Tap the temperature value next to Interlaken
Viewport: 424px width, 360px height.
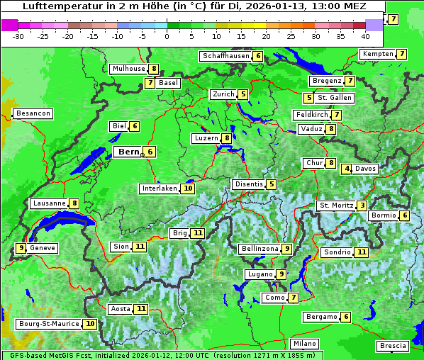(x=188, y=189)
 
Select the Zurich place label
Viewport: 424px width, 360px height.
(x=223, y=94)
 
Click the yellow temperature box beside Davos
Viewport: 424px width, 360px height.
(x=347, y=169)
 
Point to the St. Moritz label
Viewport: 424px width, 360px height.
(x=336, y=206)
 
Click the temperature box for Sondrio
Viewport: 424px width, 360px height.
(x=362, y=252)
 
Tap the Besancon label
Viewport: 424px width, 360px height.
(x=33, y=113)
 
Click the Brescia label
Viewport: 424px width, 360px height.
(x=393, y=346)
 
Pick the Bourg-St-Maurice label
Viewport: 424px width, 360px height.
(x=49, y=324)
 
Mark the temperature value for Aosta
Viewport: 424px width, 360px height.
(x=142, y=309)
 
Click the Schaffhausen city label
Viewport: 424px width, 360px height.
(x=225, y=56)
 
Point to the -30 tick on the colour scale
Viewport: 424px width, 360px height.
(x=18, y=35)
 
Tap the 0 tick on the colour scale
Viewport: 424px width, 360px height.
(x=167, y=35)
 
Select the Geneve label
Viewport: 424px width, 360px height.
(x=43, y=248)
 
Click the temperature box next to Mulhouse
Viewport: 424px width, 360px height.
(x=153, y=69)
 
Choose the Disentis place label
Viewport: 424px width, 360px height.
(x=249, y=184)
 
